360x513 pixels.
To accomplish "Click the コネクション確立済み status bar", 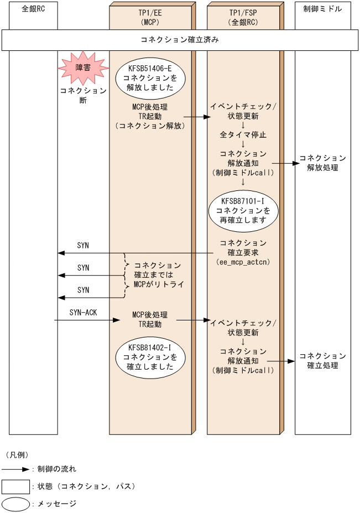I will [x=180, y=40].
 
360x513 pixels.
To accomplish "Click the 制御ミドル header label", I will [x=323, y=9].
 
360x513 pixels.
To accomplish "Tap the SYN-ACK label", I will [x=84, y=313].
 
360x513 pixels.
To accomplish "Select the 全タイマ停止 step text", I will [x=243, y=134].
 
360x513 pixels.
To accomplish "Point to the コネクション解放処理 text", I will [x=323, y=163].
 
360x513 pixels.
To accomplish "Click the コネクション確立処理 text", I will [x=323, y=360].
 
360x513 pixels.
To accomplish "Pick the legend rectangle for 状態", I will [x=15, y=486].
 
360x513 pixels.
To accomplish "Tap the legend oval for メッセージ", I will [x=15, y=504].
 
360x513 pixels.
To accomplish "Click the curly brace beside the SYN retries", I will [x=127, y=275].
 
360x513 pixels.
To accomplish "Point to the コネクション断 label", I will [x=83, y=95].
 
